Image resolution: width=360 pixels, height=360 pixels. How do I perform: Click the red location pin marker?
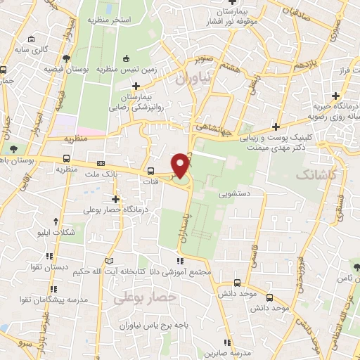(181, 166)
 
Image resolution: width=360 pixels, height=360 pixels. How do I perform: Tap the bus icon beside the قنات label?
(151, 171)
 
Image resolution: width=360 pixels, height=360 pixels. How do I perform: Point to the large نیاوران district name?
(193, 80)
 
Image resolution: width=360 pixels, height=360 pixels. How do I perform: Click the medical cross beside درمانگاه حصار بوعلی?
(115, 199)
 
